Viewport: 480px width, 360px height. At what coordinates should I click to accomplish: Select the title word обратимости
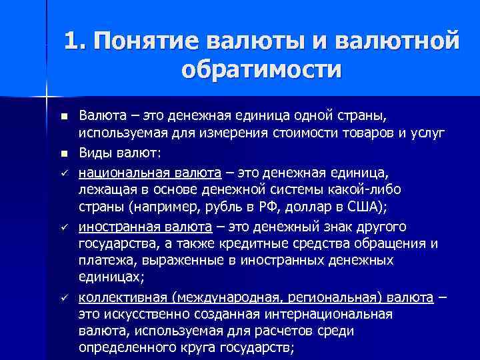pos(261,69)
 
